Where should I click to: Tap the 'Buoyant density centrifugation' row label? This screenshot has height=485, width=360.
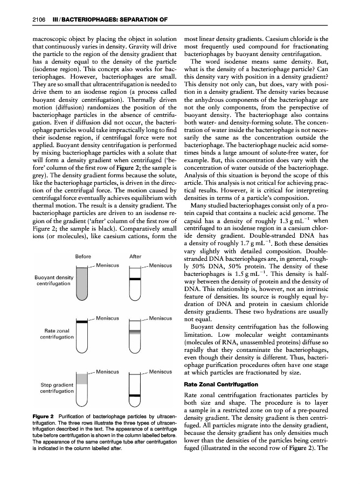click(53, 280)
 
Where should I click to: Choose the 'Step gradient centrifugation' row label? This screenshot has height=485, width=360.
click(53, 388)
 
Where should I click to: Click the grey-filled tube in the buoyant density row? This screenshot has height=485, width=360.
click(82, 285)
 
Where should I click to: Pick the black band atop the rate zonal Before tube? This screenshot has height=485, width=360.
click(82, 321)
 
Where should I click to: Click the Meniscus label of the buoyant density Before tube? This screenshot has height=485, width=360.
click(107, 265)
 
